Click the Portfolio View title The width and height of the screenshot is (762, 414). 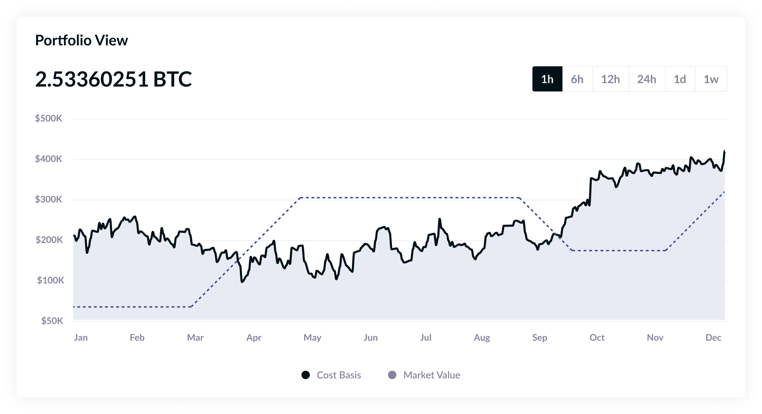click(x=81, y=40)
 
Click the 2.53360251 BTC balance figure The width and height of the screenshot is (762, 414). click(x=113, y=79)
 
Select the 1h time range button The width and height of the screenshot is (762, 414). click(x=547, y=79)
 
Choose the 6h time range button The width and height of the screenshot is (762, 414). click(x=577, y=79)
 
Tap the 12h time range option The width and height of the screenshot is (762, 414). click(x=610, y=79)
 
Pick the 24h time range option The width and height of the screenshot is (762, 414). click(x=647, y=79)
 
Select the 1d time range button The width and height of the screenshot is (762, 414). click(x=680, y=79)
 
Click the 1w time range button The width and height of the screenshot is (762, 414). click(x=711, y=79)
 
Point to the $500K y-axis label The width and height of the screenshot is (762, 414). click(x=48, y=118)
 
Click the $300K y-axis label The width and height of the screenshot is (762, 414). click(x=48, y=199)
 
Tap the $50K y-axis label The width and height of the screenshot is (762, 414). click(x=52, y=321)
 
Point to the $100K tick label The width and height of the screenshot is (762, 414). click(x=51, y=280)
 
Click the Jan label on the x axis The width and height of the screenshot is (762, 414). click(x=81, y=338)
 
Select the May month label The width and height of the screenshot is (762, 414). click(x=312, y=338)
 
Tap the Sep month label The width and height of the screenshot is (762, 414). click(x=539, y=338)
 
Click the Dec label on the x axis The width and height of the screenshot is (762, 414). click(x=713, y=338)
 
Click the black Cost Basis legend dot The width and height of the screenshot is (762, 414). click(x=306, y=375)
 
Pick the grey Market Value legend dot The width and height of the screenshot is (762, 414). click(x=392, y=375)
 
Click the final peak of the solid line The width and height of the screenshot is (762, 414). click(x=724, y=151)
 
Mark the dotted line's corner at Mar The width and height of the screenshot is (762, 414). click(x=192, y=306)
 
